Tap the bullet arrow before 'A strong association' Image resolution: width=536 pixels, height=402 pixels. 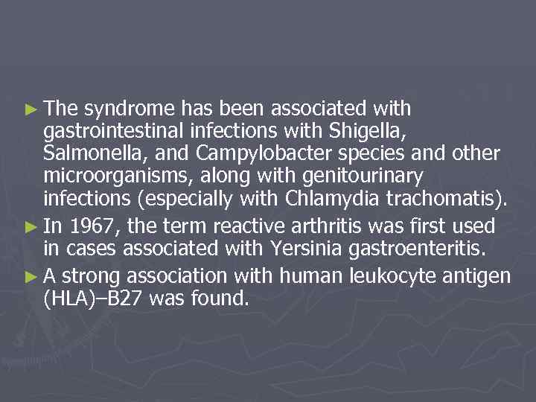(30, 277)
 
